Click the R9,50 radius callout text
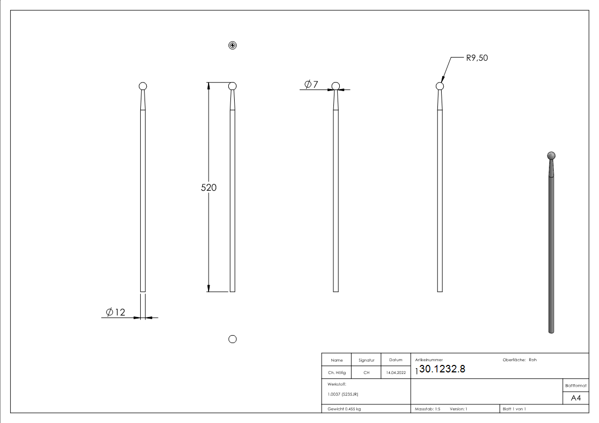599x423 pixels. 476,58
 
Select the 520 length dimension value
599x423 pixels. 208,188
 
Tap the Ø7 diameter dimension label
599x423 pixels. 311,84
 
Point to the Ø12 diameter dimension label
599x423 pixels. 115,312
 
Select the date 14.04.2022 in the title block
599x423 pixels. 396,373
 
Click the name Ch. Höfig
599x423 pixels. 337,373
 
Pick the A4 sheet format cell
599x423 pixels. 576,398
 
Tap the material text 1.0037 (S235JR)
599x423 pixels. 342,394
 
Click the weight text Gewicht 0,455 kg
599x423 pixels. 344,409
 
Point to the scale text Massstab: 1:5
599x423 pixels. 427,409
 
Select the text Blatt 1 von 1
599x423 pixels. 514,409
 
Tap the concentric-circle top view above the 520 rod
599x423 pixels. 233,45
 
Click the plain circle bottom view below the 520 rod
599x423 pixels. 233,339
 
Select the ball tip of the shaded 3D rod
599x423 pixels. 552,156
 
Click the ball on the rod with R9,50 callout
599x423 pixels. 440,86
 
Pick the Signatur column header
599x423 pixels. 366,360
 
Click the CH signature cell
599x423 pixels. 366,373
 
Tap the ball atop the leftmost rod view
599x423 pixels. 142,86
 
